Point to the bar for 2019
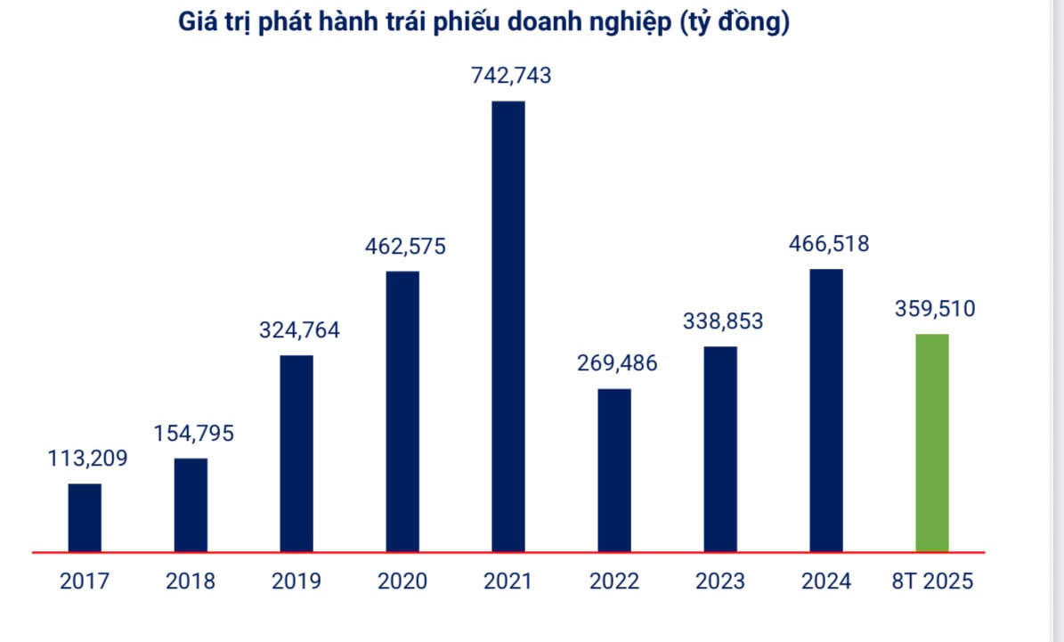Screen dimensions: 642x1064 tap(296, 453)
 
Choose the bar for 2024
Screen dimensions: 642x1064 tap(825, 410)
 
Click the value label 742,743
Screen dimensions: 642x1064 tap(511, 76)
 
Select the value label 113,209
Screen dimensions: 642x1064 tap(87, 459)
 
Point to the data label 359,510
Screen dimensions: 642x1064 tap(934, 310)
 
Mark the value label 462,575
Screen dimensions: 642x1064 tap(405, 246)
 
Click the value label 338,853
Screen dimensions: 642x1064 tap(722, 321)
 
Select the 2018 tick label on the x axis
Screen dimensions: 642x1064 tap(191, 581)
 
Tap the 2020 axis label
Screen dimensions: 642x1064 tap(402, 581)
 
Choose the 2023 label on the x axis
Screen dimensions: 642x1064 tap(720, 581)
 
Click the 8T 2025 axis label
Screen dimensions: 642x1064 tap(932, 581)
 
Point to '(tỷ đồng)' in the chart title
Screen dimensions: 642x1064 tap(735, 24)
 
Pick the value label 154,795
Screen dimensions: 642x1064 tap(193, 435)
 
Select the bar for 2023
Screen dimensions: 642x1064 tap(720, 449)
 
